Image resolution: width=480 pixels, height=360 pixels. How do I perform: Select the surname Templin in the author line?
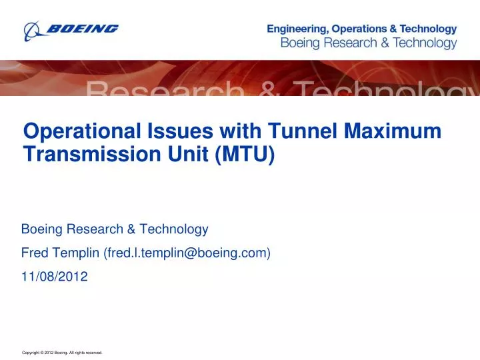point(74,253)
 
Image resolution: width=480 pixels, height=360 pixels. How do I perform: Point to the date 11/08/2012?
point(55,276)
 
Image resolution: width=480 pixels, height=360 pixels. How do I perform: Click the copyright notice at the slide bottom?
point(62,352)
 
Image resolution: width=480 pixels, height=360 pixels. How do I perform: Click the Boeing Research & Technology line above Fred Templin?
point(115,229)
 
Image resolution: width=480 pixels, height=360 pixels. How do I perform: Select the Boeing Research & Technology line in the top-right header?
point(367,43)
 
